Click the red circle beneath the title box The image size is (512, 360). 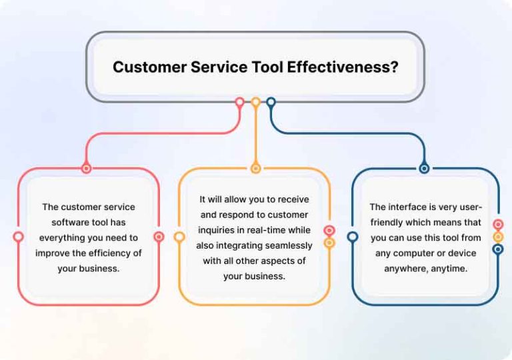point(239,103)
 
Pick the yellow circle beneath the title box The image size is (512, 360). point(255,103)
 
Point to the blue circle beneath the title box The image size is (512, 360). point(271,103)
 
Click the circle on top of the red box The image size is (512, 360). point(86,169)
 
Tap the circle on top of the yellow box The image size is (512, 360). point(255,169)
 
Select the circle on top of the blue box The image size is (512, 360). point(424,169)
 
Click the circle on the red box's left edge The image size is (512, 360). point(18,237)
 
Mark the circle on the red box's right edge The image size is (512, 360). point(159,237)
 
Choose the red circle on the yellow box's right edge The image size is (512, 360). point(329,231)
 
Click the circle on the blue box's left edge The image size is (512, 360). point(353,237)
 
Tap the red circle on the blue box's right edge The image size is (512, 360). point(497,225)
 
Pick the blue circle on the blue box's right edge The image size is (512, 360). point(497,249)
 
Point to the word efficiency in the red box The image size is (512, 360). point(109,253)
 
